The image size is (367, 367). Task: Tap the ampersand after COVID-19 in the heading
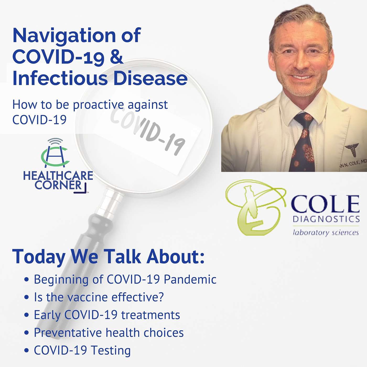[117, 57]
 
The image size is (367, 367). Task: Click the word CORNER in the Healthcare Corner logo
[58, 185]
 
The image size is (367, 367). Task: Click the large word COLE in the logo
[325, 204]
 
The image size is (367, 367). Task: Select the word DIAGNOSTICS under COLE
[326, 219]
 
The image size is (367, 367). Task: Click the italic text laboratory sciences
[326, 233]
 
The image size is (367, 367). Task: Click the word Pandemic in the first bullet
[190, 280]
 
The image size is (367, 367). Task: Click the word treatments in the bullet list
[150, 315]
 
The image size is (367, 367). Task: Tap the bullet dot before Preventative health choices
[27, 333]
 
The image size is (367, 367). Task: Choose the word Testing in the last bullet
[110, 350]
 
